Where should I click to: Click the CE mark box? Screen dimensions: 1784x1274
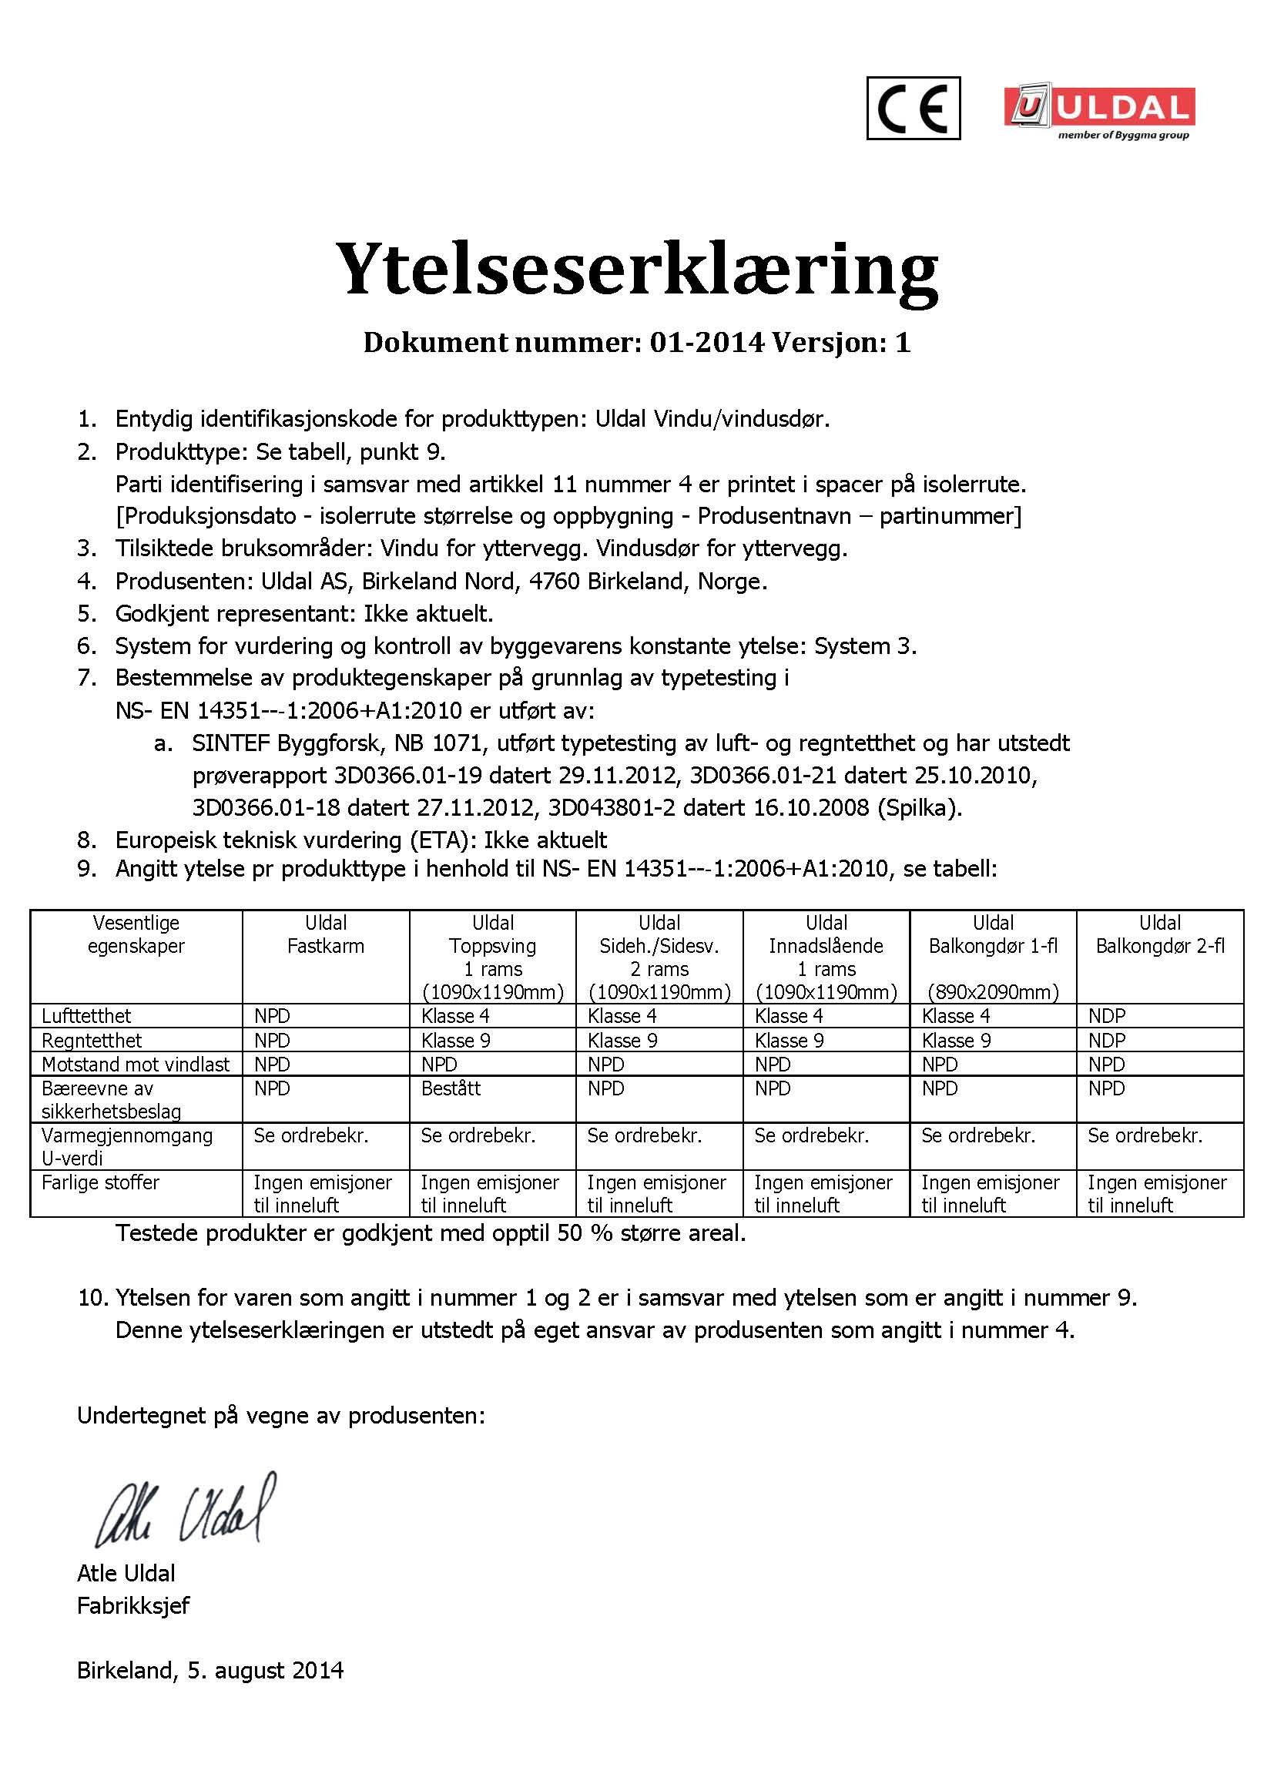[x=914, y=109]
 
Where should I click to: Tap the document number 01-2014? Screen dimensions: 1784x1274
[x=706, y=343]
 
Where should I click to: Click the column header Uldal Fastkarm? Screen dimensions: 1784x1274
[x=326, y=934]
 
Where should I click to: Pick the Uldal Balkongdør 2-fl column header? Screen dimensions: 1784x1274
[x=1159, y=934]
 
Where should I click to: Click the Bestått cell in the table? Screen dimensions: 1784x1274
[x=451, y=1088]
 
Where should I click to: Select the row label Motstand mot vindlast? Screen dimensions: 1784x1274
[x=136, y=1065]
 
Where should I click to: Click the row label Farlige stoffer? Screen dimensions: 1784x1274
[x=100, y=1182]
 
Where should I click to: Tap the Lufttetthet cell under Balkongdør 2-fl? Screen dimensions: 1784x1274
[x=1106, y=1016]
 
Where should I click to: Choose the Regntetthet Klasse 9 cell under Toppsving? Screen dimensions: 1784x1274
[x=456, y=1040]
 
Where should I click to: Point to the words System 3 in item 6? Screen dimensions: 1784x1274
[x=862, y=646]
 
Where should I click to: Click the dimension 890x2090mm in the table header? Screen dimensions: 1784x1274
[x=992, y=992]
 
